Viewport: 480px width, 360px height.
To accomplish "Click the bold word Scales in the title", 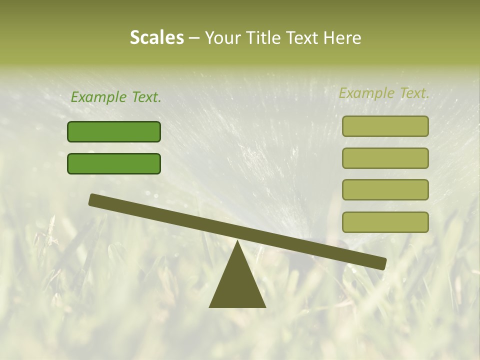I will coord(156,38).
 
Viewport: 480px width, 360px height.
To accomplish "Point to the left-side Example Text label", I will coord(116,97).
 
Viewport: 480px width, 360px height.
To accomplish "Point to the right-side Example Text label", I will coord(384,93).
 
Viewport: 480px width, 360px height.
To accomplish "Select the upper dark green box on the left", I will coord(114,131).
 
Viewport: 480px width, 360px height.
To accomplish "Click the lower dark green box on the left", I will coord(114,163).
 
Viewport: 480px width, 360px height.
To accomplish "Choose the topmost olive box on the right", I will coord(385,126).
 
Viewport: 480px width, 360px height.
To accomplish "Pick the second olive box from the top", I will coord(385,158).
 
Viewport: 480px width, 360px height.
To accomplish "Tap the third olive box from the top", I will coord(385,189).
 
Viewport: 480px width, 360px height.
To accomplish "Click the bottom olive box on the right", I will coord(385,222).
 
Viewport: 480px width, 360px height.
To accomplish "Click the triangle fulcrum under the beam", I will coord(237,285).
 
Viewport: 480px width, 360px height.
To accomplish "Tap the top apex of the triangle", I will coord(237,242).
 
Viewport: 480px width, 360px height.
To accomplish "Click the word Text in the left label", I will coord(146,97).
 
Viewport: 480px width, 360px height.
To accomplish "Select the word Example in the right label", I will coord(366,93).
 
